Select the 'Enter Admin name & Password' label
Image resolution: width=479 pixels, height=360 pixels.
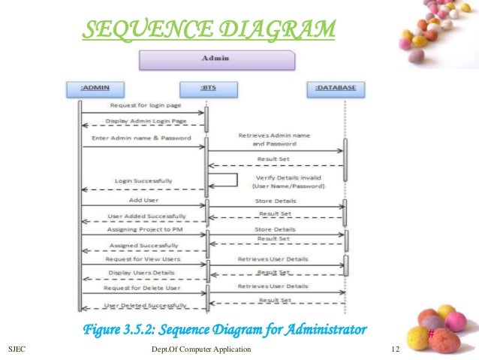(x=141, y=139)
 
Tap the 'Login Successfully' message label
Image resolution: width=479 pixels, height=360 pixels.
(x=143, y=181)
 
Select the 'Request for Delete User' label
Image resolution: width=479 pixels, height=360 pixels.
(x=142, y=288)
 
